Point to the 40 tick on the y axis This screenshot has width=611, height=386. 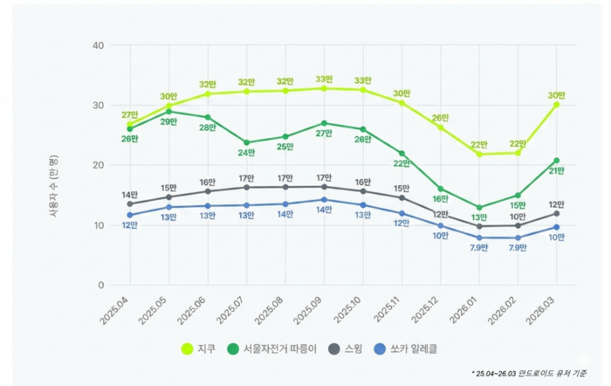tap(98, 45)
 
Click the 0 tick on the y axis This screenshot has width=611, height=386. tap(100, 286)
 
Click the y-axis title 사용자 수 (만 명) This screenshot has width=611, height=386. tap(53, 166)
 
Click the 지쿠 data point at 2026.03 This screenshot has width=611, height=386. tap(556, 105)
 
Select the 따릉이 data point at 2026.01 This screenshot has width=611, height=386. tap(479, 208)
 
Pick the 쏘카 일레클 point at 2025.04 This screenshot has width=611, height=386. tap(130, 215)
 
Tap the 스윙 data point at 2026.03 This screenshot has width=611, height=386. tap(556, 213)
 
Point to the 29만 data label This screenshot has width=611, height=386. tap(168, 122)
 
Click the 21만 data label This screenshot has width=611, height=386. tap(556, 171)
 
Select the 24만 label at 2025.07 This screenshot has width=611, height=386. tap(246, 153)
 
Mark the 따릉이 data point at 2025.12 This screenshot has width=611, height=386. tap(440, 189)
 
